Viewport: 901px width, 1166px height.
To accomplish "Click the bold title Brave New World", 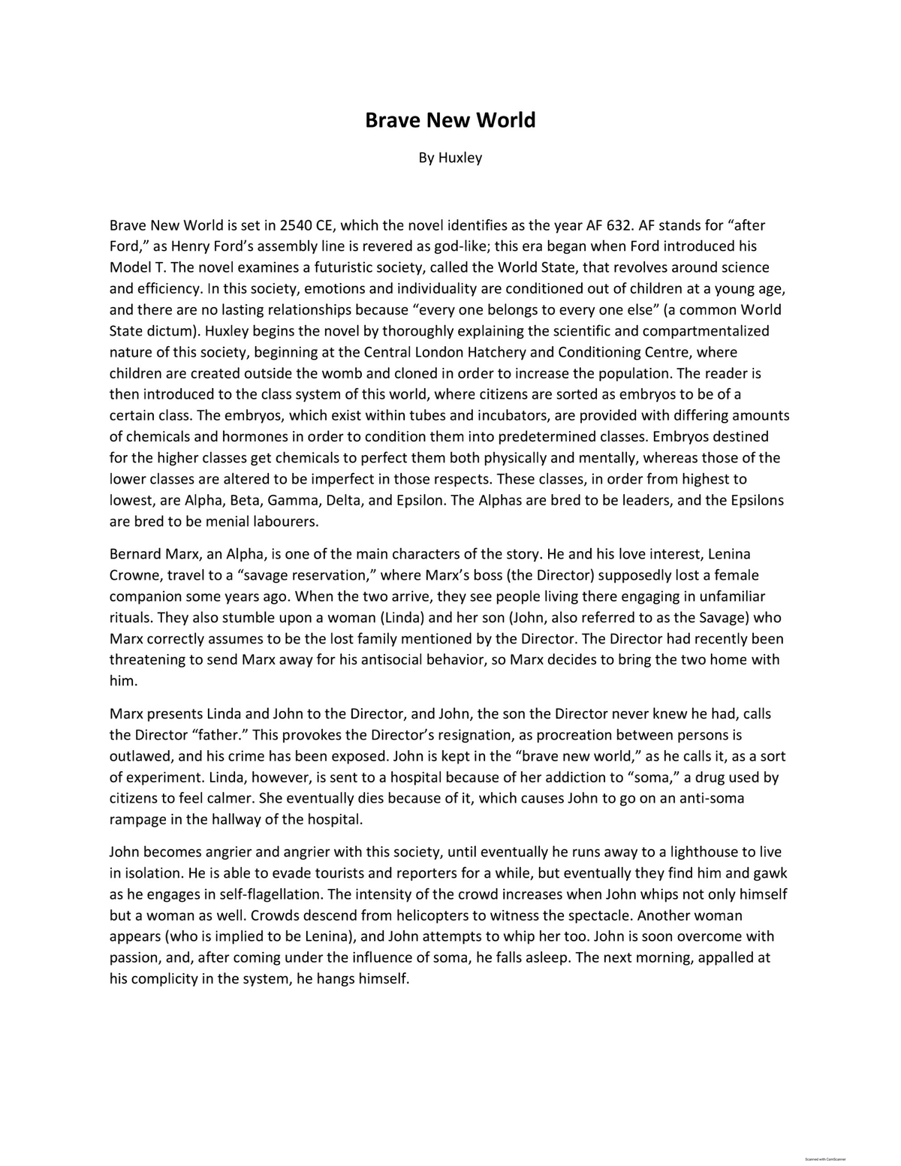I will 450,120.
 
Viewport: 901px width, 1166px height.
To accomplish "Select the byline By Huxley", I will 450,158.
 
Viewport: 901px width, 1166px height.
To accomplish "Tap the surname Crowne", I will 134,575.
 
